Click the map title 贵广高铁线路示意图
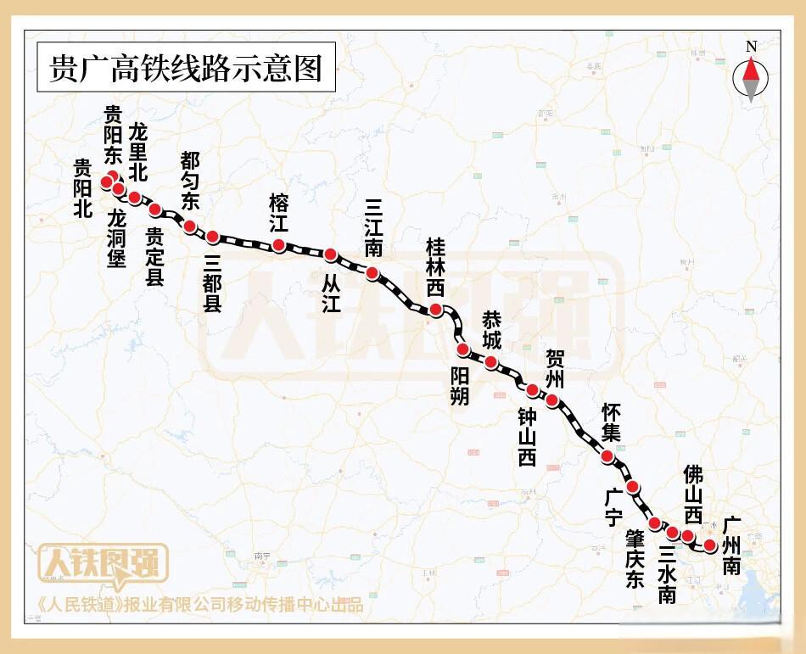point(186,68)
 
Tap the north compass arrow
point(751,78)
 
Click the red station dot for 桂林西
point(436,310)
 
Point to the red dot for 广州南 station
point(711,545)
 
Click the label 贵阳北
point(82,189)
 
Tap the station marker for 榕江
point(278,245)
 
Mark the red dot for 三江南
point(372,272)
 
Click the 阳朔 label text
point(459,385)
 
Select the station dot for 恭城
point(490,362)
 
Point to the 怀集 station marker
point(607,456)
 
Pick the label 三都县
point(212,284)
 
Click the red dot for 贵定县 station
point(154,209)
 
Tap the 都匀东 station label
point(190,181)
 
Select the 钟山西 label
point(527,435)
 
